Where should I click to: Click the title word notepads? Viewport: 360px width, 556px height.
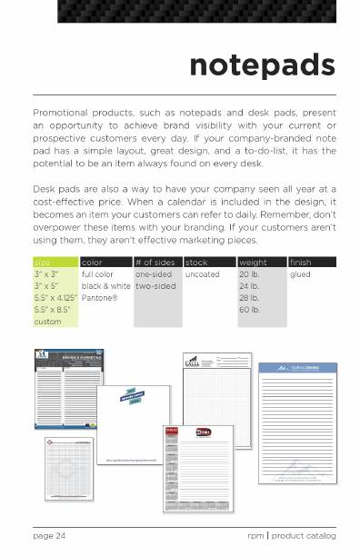pos(262,65)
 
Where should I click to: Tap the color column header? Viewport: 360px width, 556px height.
pos(93,263)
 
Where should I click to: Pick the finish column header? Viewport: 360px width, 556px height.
pos(301,263)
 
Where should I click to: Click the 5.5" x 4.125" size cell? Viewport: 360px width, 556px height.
pos(55,297)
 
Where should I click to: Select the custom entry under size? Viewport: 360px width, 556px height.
pos(47,322)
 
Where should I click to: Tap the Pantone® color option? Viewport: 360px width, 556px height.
pos(100,297)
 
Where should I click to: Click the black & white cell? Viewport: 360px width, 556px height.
pos(105,285)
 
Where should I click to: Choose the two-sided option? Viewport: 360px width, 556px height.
pos(155,285)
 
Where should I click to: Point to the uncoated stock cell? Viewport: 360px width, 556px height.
pos(202,273)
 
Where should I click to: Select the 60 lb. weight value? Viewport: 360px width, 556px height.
pos(250,309)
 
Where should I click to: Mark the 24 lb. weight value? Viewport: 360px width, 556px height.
pos(250,285)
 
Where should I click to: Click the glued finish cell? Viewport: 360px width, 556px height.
pos(300,273)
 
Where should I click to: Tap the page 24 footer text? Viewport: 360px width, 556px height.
pos(49,536)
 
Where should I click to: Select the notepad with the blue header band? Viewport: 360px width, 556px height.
pos(297,418)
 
